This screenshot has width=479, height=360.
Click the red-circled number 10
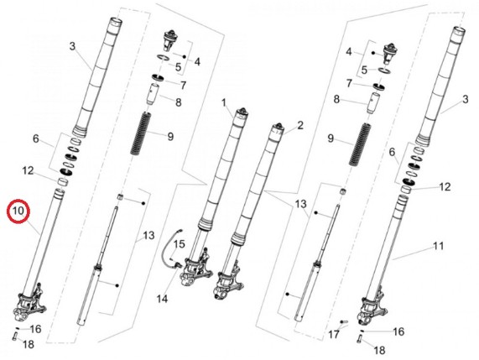pos(18,211)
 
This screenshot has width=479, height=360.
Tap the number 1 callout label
pos(224,102)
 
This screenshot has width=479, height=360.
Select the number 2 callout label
pos(300,125)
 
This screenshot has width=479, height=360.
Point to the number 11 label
pos(439,246)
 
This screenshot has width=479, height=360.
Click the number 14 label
pos(162,299)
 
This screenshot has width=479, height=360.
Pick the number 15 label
pos(180,244)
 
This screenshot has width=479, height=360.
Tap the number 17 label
pos(334,334)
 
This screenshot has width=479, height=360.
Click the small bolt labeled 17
pos(344,321)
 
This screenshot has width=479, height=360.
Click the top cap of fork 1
pos(243,112)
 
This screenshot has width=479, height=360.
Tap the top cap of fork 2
pos(278,127)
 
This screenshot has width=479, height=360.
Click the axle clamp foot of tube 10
pos(30,304)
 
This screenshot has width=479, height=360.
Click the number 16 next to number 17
pos(398,331)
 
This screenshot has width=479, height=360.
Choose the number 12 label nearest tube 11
pos(445,186)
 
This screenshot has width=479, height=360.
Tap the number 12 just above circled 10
pos(28,170)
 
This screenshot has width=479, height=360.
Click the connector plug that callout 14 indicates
pos(176,264)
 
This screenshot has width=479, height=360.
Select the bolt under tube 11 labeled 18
pos(359,339)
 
